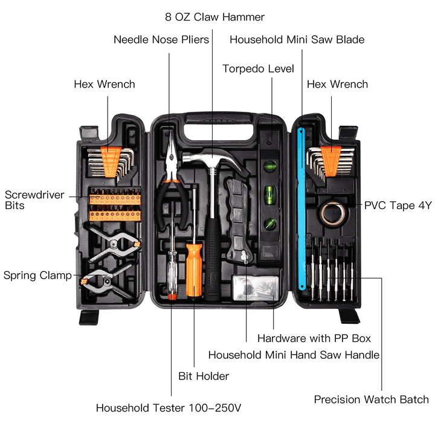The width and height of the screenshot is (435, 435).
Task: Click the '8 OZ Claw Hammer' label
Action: pos(215,17)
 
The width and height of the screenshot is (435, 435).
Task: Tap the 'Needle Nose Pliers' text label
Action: pos(161,40)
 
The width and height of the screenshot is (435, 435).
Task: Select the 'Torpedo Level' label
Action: pos(258,68)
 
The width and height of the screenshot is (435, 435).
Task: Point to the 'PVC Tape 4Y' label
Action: pos(398,205)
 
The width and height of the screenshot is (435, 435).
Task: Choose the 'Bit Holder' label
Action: pos(204,376)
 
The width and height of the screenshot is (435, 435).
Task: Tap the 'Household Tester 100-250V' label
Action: pos(169,408)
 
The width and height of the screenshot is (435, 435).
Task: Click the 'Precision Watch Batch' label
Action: pos(371,399)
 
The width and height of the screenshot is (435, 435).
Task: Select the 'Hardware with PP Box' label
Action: pos(314,338)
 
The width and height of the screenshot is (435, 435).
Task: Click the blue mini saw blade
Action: pos(301,211)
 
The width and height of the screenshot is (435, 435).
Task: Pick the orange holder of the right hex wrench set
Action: pos(330,158)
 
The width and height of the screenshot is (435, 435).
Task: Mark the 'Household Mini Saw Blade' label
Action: pos(297,40)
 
